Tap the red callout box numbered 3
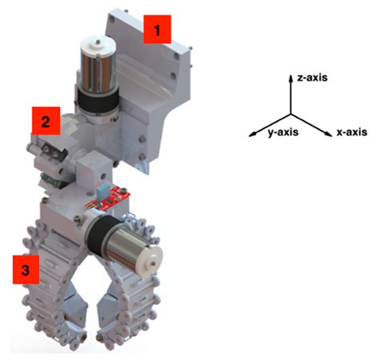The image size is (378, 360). [27, 270]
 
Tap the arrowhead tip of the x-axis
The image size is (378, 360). [329, 129]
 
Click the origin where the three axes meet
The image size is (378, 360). [290, 108]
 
